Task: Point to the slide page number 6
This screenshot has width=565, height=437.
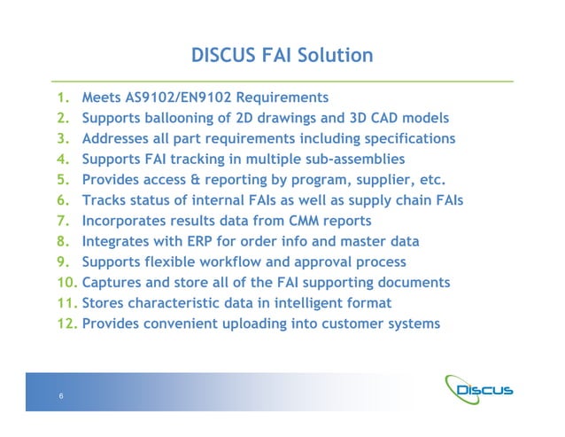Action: pyautogui.click(x=60, y=396)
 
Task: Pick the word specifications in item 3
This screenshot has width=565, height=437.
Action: pyautogui.click(x=408, y=139)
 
